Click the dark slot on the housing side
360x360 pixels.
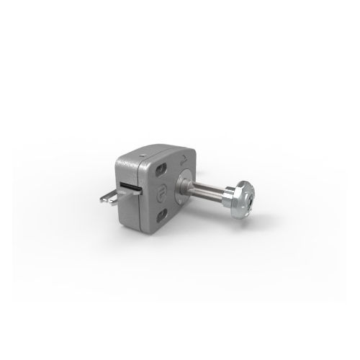pyautogui.click(x=130, y=186)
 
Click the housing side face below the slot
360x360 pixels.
pyautogui.click(x=130, y=209)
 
